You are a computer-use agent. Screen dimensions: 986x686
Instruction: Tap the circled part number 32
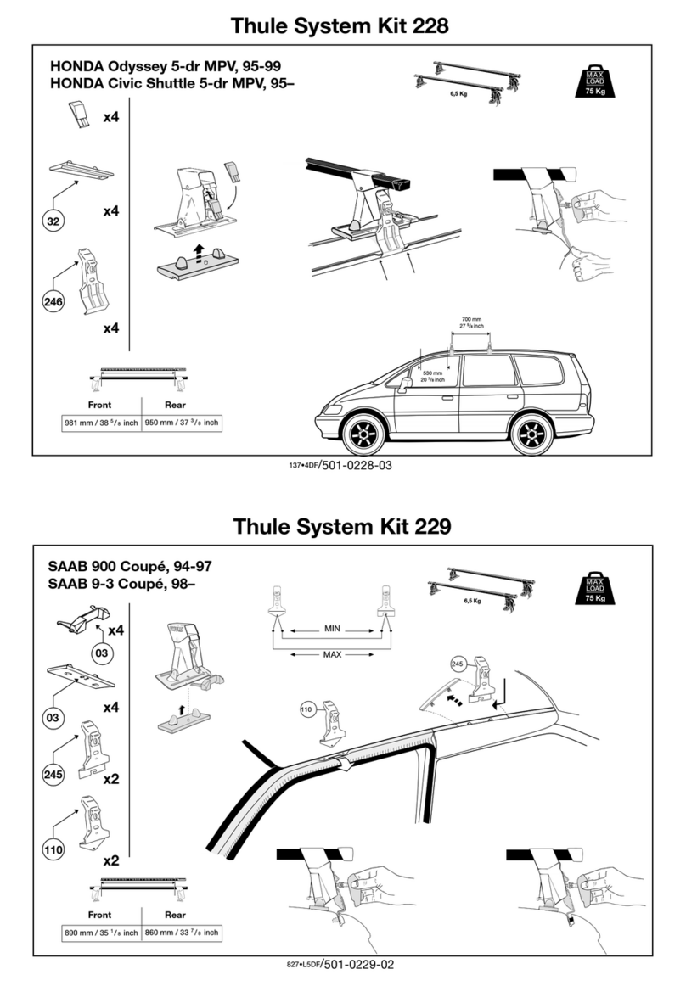click(53, 221)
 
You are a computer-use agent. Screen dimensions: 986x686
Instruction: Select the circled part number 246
click(53, 300)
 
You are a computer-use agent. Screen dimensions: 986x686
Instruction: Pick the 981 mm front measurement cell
click(99, 422)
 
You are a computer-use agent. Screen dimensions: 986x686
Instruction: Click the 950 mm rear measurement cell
click(181, 422)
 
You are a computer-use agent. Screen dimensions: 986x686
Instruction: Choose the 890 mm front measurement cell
click(99, 933)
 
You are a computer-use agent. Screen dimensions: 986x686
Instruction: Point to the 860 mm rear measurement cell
click(181, 933)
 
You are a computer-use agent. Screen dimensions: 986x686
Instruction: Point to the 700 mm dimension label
click(471, 320)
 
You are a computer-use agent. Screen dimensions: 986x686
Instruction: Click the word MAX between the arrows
click(331, 654)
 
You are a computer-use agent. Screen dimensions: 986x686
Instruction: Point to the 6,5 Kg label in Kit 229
click(473, 600)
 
